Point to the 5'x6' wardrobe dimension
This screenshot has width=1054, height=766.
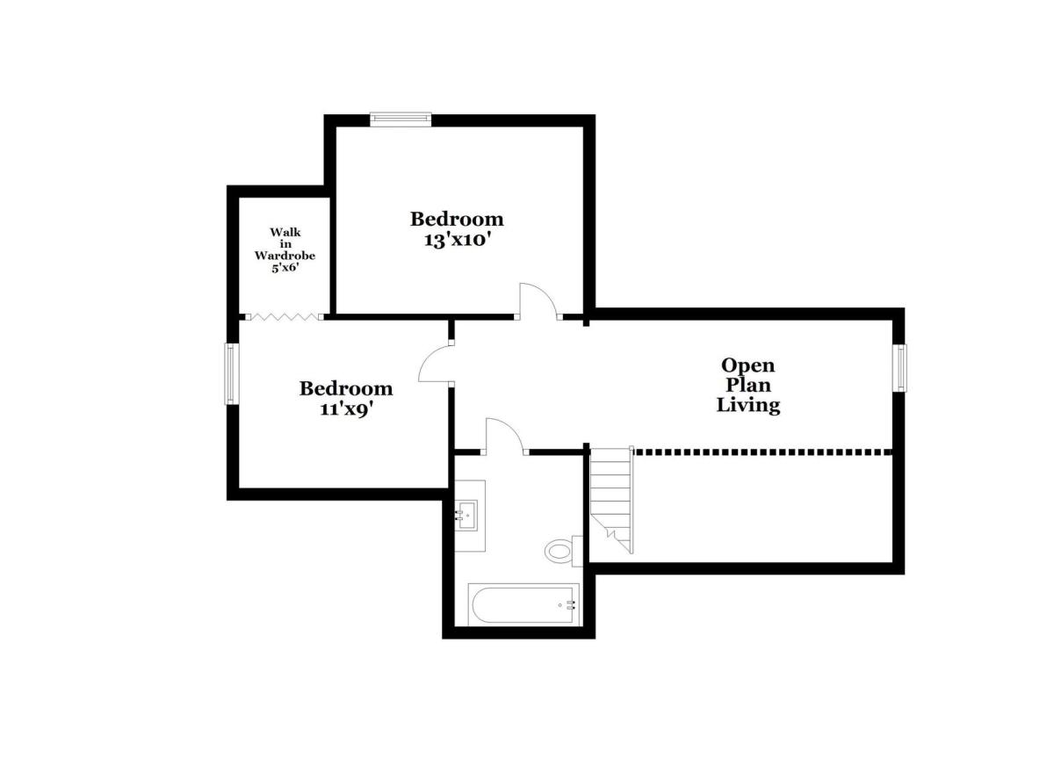coord(285,268)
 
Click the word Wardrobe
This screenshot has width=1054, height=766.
coord(285,256)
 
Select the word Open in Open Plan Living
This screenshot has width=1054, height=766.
coord(748,365)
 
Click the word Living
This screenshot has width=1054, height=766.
coord(748,405)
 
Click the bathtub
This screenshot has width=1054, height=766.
coord(523,604)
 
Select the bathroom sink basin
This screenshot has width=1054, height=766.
coord(466,516)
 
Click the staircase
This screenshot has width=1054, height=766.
coord(611,500)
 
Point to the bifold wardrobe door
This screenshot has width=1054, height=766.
coord(285,317)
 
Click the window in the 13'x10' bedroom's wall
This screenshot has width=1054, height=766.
coord(401,119)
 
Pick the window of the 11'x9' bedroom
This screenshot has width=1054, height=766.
coord(230,373)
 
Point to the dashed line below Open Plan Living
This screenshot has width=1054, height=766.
coord(762,452)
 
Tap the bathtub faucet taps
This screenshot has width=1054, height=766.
coord(571,605)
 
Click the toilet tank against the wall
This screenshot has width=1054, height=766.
coord(577,552)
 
